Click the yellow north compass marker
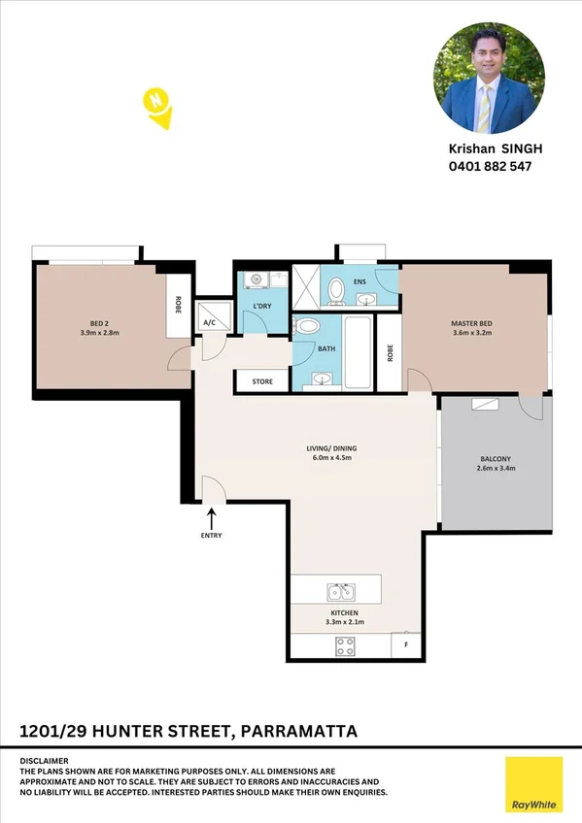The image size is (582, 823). tap(157, 107)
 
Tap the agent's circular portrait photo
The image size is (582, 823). tap(488, 79)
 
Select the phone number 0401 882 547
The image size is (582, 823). tap(490, 166)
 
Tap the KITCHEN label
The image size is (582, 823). tap(343, 613)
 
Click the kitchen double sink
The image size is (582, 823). tap(341, 591)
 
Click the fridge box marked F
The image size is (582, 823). tap(406, 644)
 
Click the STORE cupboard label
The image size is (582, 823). tap(262, 381)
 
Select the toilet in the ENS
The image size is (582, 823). tap(337, 289)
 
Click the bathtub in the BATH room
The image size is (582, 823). tap(359, 353)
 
